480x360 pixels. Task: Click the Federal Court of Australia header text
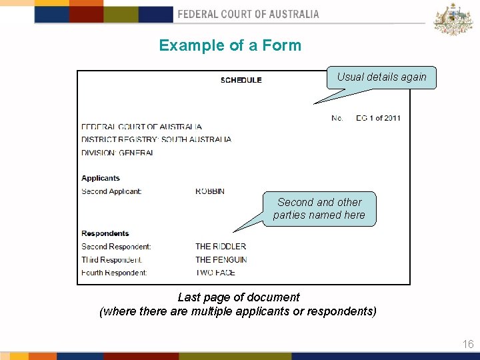[x=248, y=14]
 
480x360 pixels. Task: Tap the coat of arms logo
[x=453, y=19]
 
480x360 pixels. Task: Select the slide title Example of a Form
[x=230, y=45]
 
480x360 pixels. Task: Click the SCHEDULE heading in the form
[x=241, y=80]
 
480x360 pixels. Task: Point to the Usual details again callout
[x=381, y=77]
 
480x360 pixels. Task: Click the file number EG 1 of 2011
[x=378, y=118]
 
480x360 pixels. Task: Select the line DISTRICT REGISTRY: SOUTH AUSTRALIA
[x=156, y=139]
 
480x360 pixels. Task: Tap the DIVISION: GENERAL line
[x=117, y=153]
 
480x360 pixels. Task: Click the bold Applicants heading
[x=101, y=178]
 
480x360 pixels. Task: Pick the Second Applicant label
[x=111, y=191]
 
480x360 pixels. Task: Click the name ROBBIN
[x=210, y=191]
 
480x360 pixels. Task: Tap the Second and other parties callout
[x=319, y=209]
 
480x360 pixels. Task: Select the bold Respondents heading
[x=105, y=233]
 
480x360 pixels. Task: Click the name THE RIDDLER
[x=221, y=246]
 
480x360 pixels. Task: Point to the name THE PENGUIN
[x=221, y=259]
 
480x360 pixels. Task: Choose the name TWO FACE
[x=215, y=273]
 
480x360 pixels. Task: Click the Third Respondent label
[x=111, y=259]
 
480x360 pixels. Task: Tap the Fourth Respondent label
[x=114, y=273]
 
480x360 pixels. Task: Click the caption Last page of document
[x=239, y=297]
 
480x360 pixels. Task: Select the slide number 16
[x=468, y=344]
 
